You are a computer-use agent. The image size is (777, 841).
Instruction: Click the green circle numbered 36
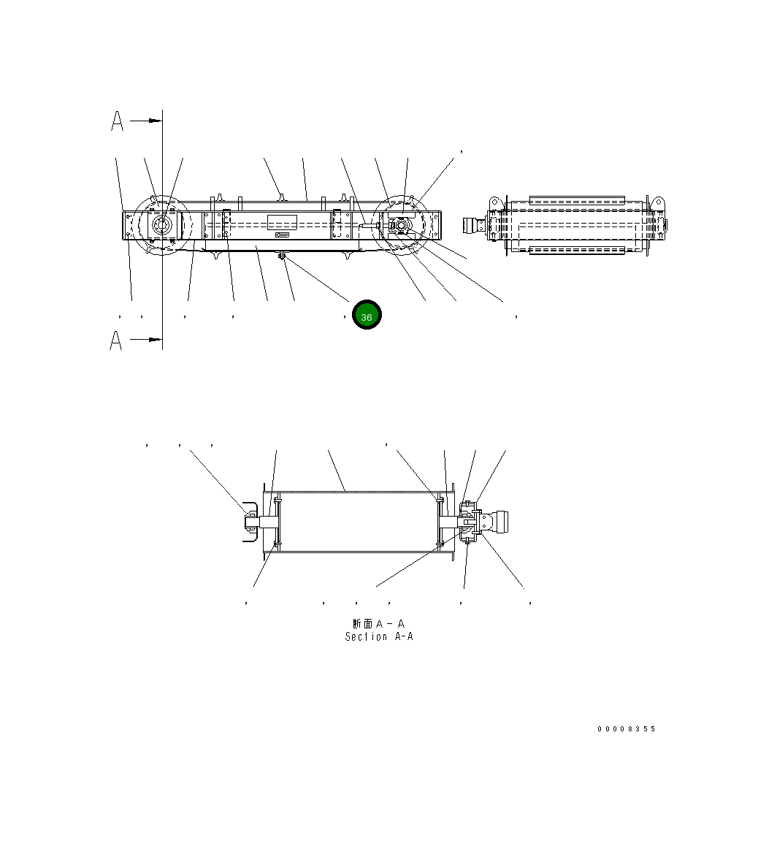pos(367,315)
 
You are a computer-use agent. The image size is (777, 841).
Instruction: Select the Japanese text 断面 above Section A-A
pos(362,624)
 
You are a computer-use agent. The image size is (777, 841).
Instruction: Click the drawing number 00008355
pos(626,728)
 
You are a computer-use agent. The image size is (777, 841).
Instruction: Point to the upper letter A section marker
pos(117,121)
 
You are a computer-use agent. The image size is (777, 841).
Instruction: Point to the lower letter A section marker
pos(116,340)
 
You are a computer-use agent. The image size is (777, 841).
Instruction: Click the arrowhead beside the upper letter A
pos(155,121)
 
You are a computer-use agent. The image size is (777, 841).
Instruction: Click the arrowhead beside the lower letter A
pos(155,340)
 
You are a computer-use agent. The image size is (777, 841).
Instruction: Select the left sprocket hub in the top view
pos(161,226)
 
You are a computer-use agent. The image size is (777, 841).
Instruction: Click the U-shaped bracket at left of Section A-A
pos(248,520)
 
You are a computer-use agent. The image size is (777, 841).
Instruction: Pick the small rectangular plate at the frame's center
pos(282,222)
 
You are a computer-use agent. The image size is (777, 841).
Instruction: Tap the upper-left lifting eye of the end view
pos(494,201)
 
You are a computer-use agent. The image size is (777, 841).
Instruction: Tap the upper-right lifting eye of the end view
pos(657,202)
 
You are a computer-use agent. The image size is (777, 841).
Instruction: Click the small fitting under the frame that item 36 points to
pos(282,256)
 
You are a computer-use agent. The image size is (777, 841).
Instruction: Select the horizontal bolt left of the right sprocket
pos(369,227)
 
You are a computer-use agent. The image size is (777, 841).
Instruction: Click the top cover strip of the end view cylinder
pos(577,199)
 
